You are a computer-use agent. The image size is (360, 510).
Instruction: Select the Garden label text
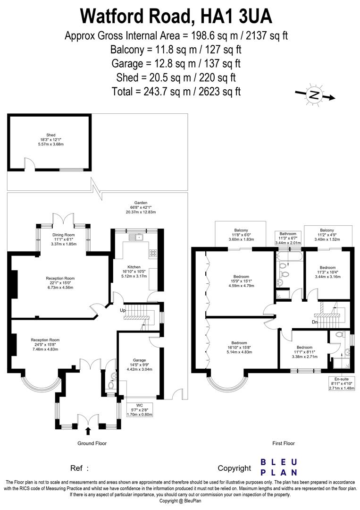click(141, 210)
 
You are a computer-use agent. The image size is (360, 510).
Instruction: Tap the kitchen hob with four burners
click(153, 253)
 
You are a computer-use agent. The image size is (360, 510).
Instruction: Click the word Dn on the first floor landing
click(314, 322)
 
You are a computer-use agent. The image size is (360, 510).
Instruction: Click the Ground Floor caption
click(92, 443)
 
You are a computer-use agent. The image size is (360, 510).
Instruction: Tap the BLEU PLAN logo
click(279, 467)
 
